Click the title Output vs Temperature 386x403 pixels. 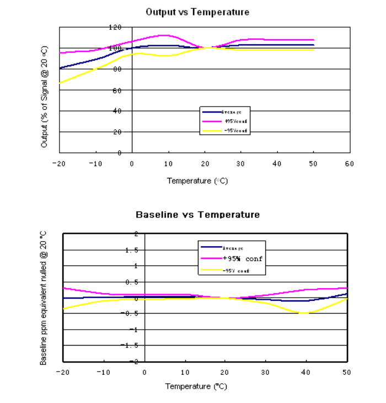[x=197, y=12]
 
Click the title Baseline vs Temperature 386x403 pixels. [x=197, y=214]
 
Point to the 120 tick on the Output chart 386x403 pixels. [x=115, y=27]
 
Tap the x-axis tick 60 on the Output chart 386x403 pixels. [x=349, y=163]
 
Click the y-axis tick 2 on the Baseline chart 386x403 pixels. [x=136, y=234]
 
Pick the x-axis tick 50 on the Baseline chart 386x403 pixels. [x=347, y=372]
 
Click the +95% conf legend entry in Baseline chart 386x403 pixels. [x=243, y=258]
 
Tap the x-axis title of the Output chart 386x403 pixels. [x=197, y=181]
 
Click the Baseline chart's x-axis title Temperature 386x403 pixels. [x=196, y=386]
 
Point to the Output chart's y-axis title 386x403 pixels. [x=44, y=97]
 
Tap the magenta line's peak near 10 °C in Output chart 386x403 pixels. [x=164, y=35]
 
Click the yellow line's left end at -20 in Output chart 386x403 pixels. [x=60, y=83]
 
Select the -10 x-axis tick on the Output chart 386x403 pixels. [x=95, y=163]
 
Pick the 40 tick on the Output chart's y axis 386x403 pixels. [x=117, y=111]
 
